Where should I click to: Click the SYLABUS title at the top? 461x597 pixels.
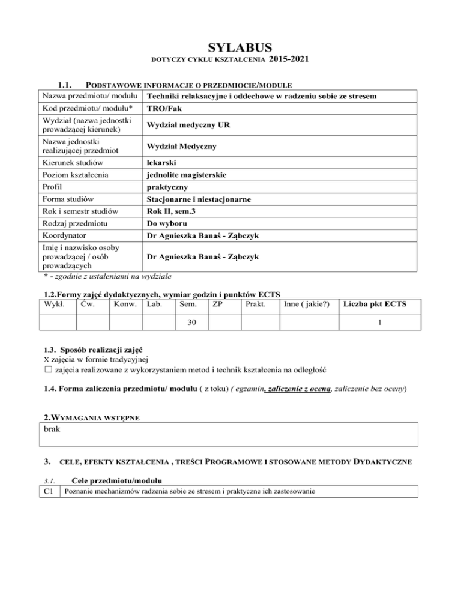(x=230, y=47)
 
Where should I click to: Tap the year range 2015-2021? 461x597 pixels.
(x=291, y=59)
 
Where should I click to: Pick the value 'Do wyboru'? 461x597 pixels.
(x=168, y=224)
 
